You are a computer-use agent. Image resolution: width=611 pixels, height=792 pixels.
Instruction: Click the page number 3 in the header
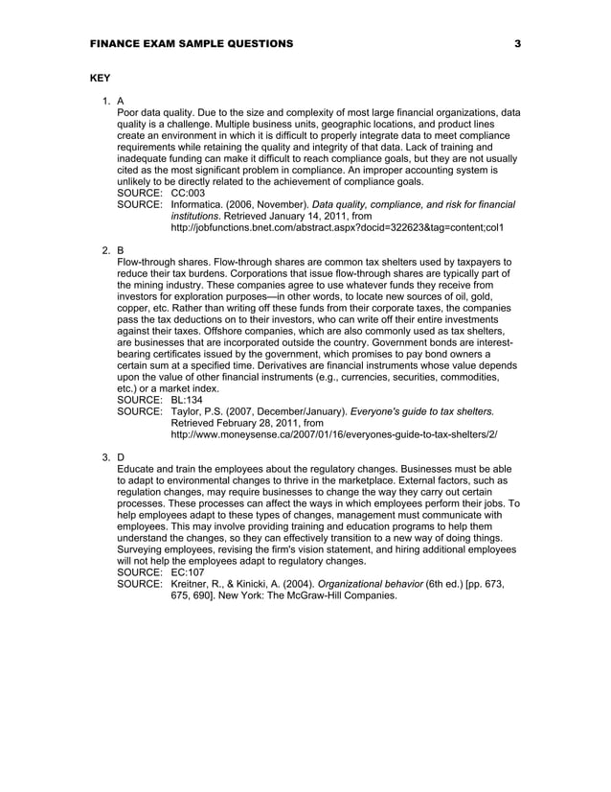(x=517, y=44)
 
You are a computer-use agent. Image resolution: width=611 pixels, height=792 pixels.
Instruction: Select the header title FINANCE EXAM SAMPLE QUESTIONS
(x=192, y=44)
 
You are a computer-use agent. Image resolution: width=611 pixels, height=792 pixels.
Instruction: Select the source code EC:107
(x=188, y=572)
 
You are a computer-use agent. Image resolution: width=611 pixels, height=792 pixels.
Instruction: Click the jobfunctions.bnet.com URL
(x=336, y=227)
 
